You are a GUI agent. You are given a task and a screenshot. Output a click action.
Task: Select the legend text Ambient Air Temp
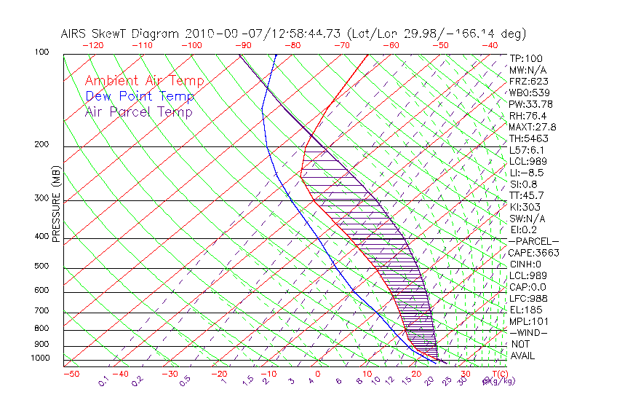coord(144,81)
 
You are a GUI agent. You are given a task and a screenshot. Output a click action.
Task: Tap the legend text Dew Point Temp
coord(140,96)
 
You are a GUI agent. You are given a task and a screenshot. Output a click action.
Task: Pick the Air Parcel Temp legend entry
coord(139,111)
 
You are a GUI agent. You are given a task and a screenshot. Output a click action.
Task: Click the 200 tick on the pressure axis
coord(41,144)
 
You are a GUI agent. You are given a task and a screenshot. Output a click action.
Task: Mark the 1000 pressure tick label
coord(39,358)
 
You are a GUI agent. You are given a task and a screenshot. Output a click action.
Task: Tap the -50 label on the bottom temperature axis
coord(71,374)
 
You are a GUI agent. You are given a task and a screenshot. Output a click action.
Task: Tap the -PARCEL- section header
coord(534,241)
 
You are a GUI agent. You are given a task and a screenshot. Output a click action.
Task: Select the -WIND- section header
coord(529,332)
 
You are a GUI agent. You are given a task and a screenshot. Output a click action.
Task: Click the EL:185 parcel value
coord(526,310)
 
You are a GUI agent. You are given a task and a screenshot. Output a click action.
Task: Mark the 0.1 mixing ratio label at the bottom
coord(103,380)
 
